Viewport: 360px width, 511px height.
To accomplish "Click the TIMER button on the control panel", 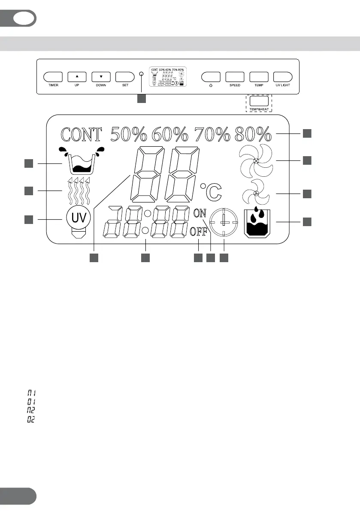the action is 53,77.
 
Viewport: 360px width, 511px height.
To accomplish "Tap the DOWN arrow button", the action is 101,77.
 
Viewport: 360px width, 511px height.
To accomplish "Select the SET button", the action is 125,77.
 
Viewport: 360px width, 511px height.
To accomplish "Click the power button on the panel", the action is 211,77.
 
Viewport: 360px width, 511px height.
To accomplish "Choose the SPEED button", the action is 235,77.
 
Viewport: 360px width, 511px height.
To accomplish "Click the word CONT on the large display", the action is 82,134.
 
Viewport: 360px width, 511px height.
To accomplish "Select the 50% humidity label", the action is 129,134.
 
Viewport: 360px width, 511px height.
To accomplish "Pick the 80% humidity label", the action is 253,134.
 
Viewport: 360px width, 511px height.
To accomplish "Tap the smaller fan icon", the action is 256,193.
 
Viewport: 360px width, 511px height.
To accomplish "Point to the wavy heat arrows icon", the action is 78,190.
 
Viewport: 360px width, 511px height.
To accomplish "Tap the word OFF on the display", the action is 199,232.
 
